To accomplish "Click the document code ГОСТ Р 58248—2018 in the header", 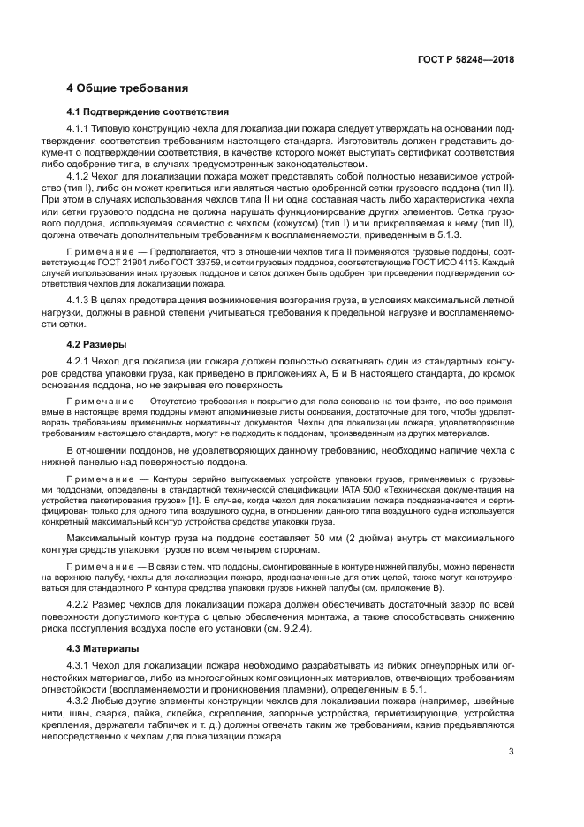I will (466, 59).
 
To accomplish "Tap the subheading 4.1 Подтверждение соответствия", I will (148, 112).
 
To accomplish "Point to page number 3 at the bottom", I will (512, 777).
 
